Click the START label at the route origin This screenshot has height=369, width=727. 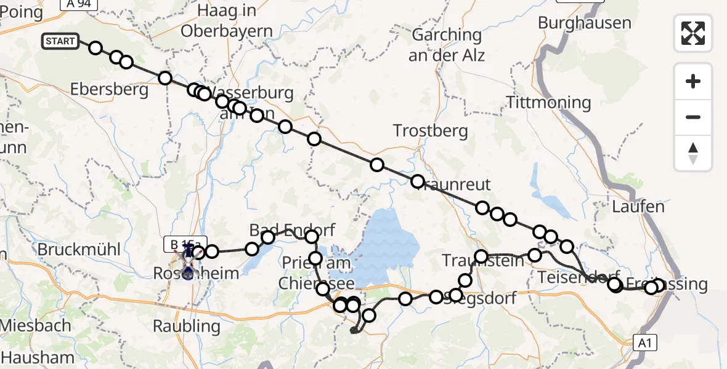[60, 42]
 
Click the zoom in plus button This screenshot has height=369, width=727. [693, 81]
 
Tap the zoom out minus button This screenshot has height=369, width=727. [693, 117]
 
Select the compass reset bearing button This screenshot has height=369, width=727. [693, 153]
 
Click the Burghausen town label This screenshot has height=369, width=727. [584, 23]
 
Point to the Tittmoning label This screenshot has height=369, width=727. [548, 102]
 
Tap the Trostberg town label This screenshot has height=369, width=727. [431, 131]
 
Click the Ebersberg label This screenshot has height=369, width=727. [109, 90]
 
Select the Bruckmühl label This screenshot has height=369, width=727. [78, 250]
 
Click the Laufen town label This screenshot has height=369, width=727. [638, 207]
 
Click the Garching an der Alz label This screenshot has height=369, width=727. [448, 45]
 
